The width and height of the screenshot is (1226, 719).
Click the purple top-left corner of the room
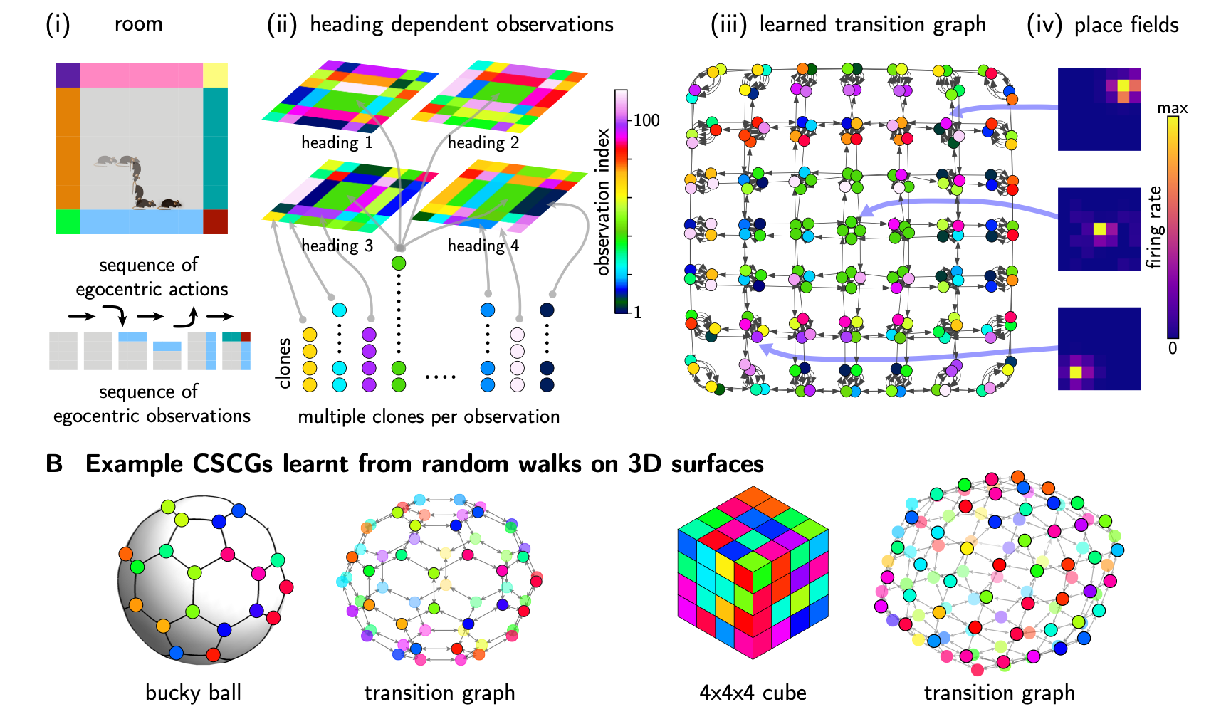68,75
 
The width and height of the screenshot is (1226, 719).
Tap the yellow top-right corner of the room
215,75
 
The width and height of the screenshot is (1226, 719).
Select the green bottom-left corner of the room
68,221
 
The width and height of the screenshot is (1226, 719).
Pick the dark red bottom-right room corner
215,221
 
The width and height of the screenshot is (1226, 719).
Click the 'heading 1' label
337,142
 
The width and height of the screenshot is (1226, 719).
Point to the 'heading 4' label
483,246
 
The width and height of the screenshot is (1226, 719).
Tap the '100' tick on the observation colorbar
646,120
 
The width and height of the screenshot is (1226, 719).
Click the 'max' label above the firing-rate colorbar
1172,108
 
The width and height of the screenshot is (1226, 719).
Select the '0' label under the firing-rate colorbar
1172,348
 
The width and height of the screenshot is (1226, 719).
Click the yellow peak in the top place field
1123,85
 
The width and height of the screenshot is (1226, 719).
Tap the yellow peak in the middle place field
1099,229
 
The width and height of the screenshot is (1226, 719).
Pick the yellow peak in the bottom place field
1076,372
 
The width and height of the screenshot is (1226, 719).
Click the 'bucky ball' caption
193,693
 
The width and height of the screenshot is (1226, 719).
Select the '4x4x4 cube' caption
753,693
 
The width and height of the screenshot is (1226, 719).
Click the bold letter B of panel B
54,464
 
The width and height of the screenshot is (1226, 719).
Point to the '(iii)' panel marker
728,25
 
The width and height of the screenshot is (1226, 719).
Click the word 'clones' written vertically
284,363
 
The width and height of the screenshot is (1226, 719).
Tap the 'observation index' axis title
603,201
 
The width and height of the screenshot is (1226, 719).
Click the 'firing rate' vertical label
1153,227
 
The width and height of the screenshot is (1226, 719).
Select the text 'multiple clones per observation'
429,416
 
